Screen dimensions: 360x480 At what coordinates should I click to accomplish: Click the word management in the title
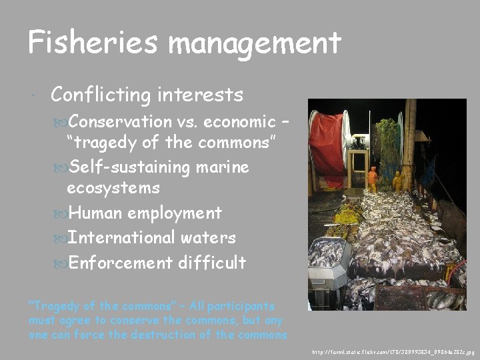(255, 44)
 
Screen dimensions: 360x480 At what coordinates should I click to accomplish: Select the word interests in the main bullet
(201, 95)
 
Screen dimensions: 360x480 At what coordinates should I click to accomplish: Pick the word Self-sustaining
(130, 166)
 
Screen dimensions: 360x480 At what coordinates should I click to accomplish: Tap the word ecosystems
(113, 188)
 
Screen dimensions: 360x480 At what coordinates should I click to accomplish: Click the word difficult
(212, 263)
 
